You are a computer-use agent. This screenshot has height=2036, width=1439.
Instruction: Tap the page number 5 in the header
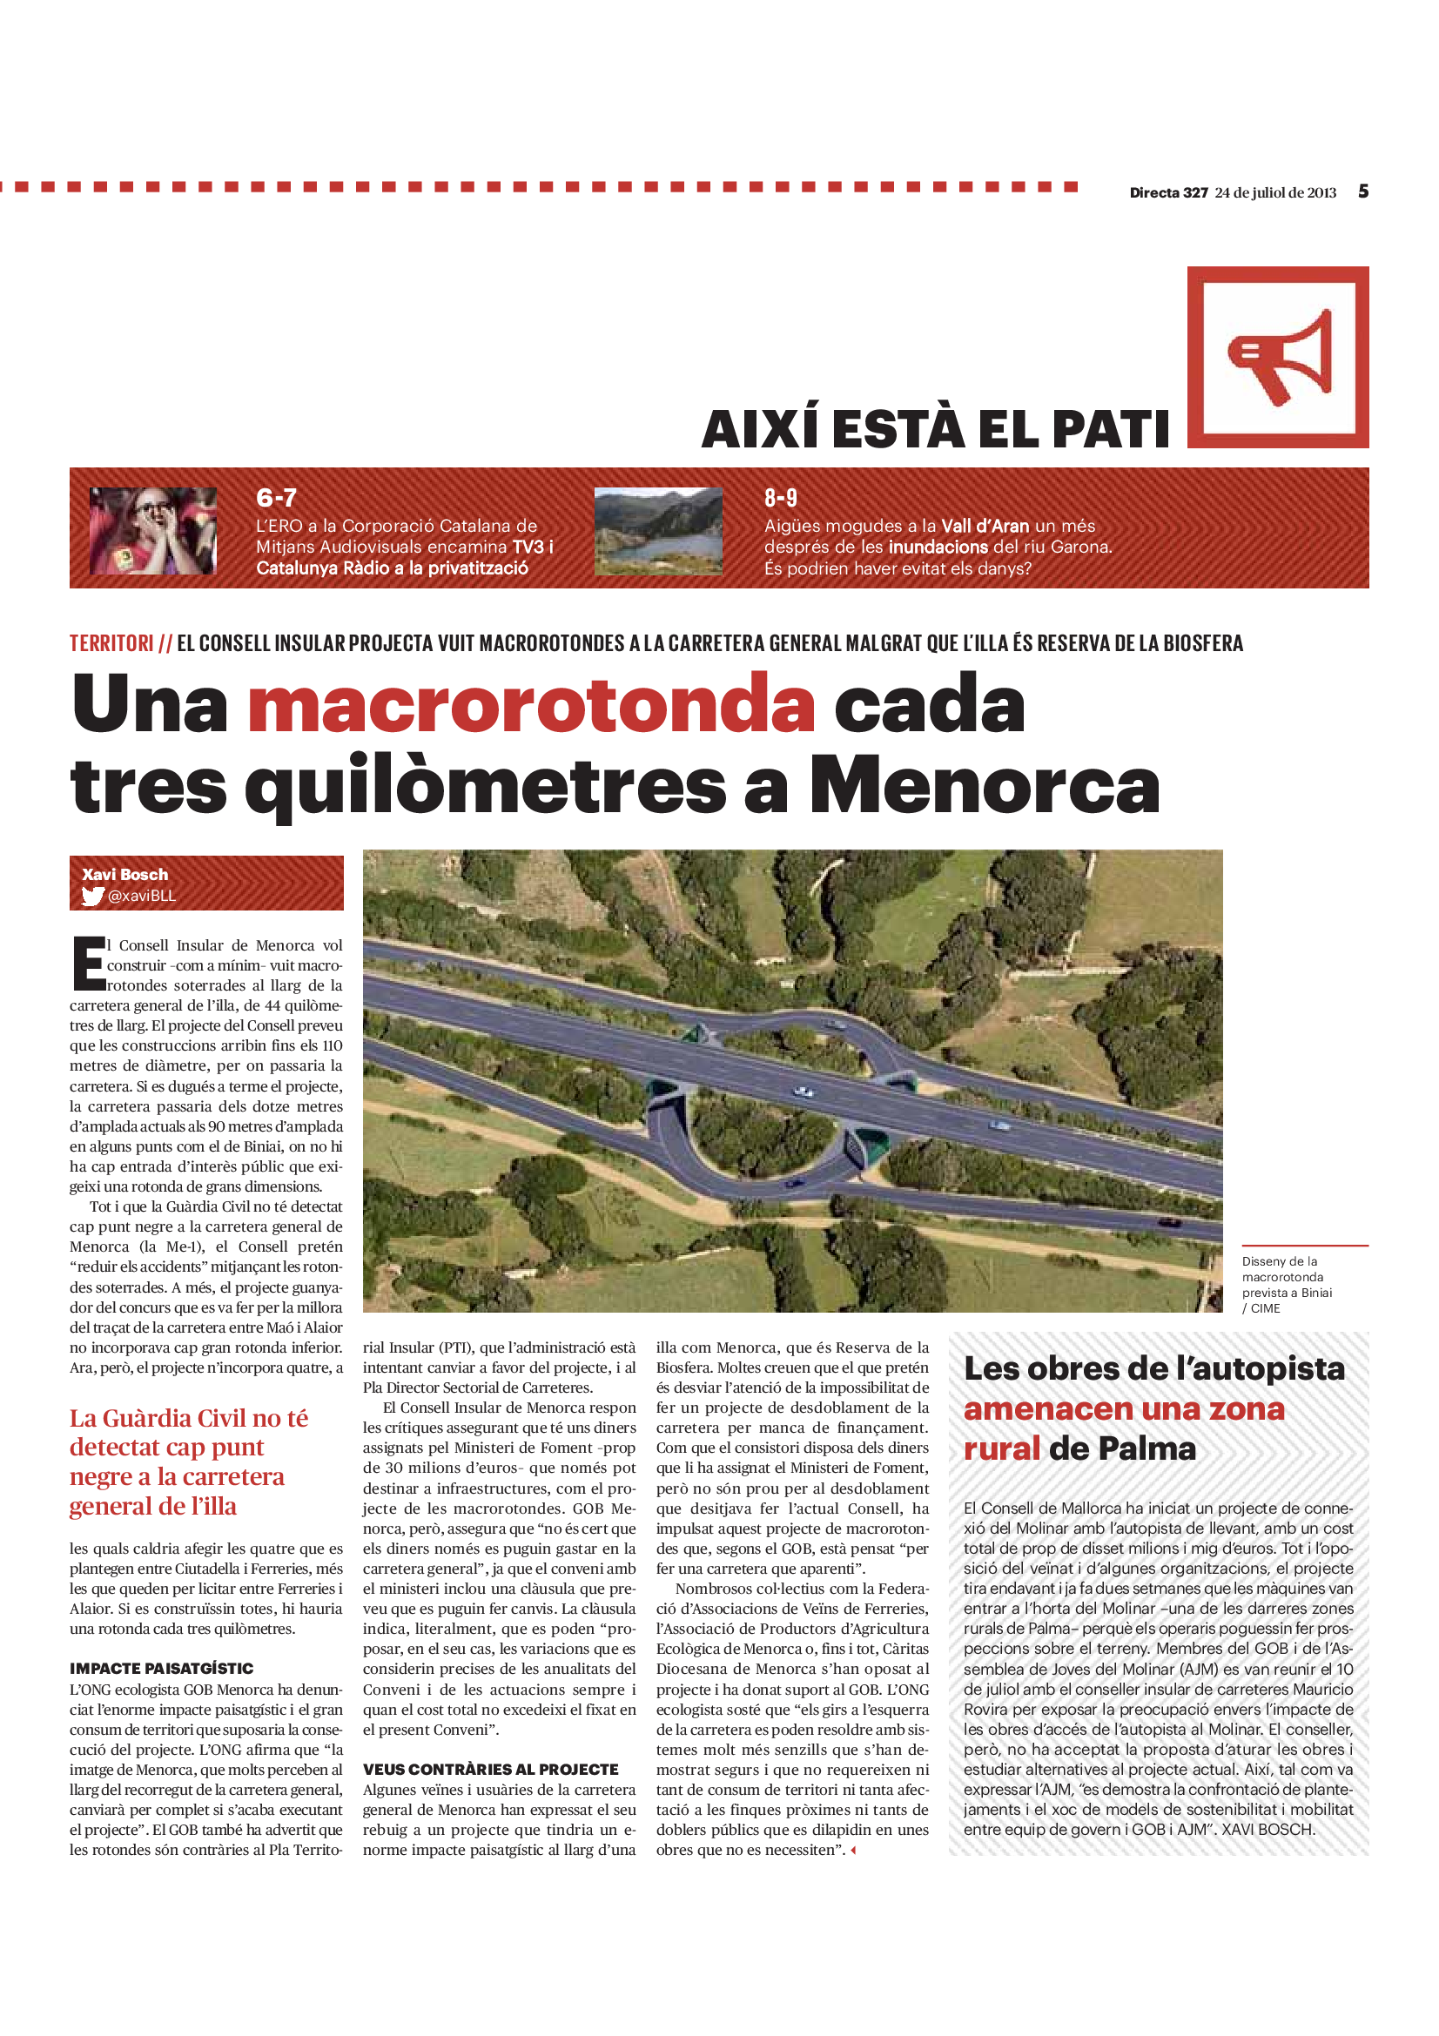[1362, 192]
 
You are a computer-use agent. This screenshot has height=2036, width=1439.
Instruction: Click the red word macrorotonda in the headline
[530, 704]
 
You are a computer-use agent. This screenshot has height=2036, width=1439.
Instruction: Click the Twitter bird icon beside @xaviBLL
[92, 896]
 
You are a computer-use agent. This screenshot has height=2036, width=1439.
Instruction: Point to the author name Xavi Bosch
[125, 874]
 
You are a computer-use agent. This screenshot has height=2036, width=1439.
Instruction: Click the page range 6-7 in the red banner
[276, 498]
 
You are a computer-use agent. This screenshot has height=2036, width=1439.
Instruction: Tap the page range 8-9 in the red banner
[780, 498]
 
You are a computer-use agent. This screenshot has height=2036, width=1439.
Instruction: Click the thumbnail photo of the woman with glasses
[152, 530]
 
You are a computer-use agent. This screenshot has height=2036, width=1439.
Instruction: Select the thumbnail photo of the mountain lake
[658, 530]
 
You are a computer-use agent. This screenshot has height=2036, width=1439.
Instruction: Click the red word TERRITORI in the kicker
[111, 643]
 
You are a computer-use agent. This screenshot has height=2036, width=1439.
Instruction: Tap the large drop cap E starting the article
[88, 963]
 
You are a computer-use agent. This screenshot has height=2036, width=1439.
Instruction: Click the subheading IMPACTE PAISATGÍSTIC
[161, 1668]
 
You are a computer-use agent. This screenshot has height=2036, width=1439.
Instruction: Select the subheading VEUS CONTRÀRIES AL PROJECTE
[490, 1769]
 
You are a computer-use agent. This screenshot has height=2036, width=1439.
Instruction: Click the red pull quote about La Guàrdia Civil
[188, 1461]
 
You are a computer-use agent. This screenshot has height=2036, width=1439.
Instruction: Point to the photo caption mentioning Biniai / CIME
[1286, 1284]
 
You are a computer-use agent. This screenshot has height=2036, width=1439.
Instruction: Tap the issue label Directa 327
[1167, 192]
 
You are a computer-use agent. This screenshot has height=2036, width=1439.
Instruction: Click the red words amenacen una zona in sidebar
[1123, 1408]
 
